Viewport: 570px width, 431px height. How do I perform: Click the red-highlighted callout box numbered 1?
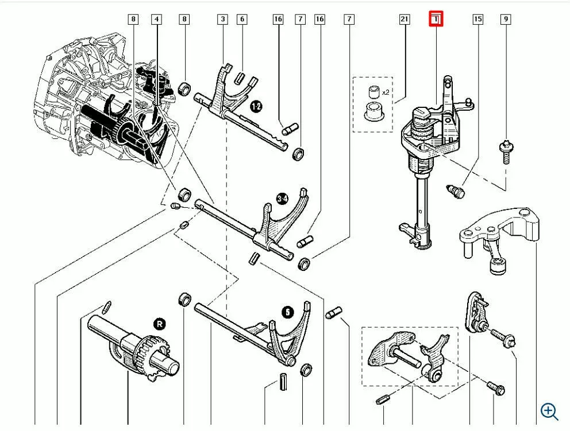pyautogui.click(x=436, y=19)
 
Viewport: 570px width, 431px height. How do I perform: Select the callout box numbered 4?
pyautogui.click(x=156, y=19)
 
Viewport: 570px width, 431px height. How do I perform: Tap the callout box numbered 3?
pyautogui.click(x=222, y=19)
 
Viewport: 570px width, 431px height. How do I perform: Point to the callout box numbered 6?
pyautogui.click(x=242, y=19)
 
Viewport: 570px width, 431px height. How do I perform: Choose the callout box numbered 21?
pyautogui.click(x=405, y=19)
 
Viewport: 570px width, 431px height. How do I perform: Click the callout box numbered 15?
pyautogui.click(x=477, y=19)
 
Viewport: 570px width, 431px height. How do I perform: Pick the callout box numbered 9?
pyautogui.click(x=506, y=19)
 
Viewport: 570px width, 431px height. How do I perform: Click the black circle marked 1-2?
pyautogui.click(x=256, y=106)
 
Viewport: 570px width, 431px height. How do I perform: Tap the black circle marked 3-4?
pyautogui.click(x=282, y=199)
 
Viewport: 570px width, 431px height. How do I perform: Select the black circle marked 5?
pyautogui.click(x=287, y=312)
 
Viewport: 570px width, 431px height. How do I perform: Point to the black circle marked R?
pyautogui.click(x=159, y=324)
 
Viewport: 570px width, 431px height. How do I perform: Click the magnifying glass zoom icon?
pyautogui.click(x=549, y=411)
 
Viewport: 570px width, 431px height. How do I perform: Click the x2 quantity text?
pyautogui.click(x=386, y=92)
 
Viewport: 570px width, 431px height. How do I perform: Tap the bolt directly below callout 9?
pyautogui.click(x=506, y=150)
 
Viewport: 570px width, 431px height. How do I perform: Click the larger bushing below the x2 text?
pyautogui.click(x=374, y=110)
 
